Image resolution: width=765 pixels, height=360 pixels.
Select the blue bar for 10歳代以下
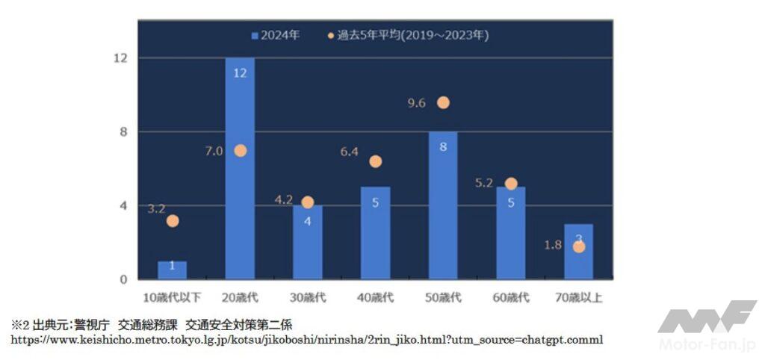[172, 270]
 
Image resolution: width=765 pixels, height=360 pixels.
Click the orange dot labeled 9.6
[443, 102]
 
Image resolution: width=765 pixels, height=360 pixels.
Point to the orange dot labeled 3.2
[173, 220]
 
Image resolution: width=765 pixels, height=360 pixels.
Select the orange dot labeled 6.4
[375, 161]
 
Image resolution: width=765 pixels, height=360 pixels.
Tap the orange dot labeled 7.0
[240, 150]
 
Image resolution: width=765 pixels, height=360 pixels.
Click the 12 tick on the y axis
[120, 58]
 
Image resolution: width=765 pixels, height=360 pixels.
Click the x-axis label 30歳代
[307, 297]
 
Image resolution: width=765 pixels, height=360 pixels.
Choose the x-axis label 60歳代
[510, 297]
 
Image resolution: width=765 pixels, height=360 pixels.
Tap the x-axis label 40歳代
[375, 297]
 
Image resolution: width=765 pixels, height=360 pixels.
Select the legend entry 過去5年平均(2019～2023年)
[408, 34]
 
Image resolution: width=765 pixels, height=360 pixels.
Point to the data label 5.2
[484, 183]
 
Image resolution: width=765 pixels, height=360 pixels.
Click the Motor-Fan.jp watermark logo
[707, 326]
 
